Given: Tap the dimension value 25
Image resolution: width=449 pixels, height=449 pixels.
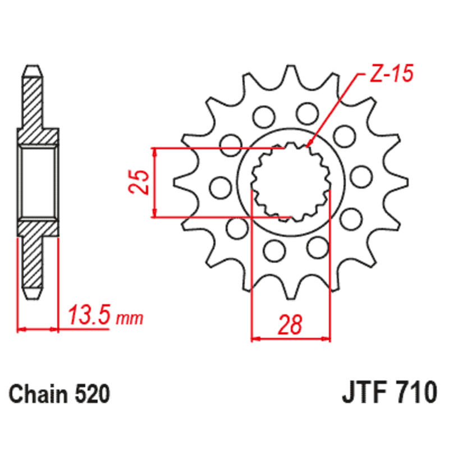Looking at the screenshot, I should (140, 182).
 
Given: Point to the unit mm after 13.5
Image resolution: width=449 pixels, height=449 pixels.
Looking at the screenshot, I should (130, 319).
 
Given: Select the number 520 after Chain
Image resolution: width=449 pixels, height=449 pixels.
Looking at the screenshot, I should (91, 394).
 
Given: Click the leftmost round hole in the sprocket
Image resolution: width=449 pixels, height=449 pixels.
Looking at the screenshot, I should (218, 187).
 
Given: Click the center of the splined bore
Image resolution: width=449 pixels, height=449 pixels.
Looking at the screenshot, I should (290, 182).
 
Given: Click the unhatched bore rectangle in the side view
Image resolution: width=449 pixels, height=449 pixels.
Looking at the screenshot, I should (38, 182).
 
